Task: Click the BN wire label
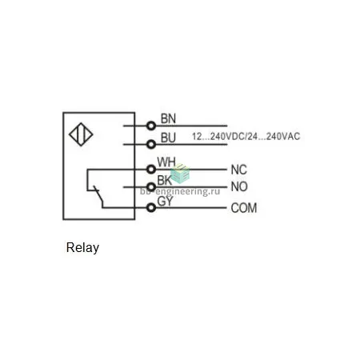(x=168, y=118)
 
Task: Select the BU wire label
(x=168, y=138)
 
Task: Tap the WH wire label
(x=166, y=162)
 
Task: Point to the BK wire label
(x=165, y=180)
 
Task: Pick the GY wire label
(x=165, y=202)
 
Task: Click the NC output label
(x=239, y=170)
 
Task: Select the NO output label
(x=239, y=186)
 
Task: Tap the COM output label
(x=244, y=208)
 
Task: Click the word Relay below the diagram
(x=82, y=248)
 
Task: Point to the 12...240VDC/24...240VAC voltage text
(x=246, y=137)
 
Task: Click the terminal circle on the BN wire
(x=151, y=126)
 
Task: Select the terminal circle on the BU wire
(x=151, y=144)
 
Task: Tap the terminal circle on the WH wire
(x=151, y=169)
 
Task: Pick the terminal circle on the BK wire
(x=151, y=186)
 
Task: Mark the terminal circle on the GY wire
(x=151, y=207)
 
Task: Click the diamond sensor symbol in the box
(x=81, y=134)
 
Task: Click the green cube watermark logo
(x=180, y=174)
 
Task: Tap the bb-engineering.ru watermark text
(x=180, y=191)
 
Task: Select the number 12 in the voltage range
(x=197, y=137)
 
